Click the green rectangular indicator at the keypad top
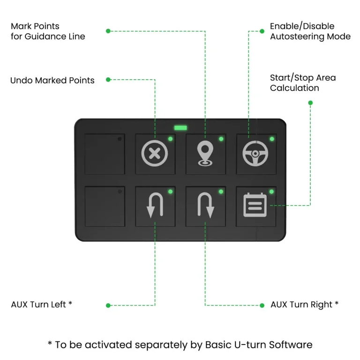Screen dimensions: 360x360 click(180, 127)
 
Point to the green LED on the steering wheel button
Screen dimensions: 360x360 click(272, 139)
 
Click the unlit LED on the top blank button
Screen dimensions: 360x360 click(120, 139)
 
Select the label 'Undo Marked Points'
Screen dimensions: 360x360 click(52, 80)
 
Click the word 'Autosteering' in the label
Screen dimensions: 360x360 click(297, 37)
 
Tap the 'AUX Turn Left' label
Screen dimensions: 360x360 click(42, 304)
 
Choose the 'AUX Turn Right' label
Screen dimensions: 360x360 click(304, 305)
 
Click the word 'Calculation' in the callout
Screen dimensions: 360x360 click(294, 88)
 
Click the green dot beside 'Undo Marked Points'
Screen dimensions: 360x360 click(108, 80)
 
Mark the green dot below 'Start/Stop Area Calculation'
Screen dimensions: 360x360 click(310, 103)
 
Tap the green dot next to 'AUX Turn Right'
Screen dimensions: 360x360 click(262, 305)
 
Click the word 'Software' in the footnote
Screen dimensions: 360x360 click(291, 345)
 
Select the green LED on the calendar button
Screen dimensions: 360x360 click(271, 191)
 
